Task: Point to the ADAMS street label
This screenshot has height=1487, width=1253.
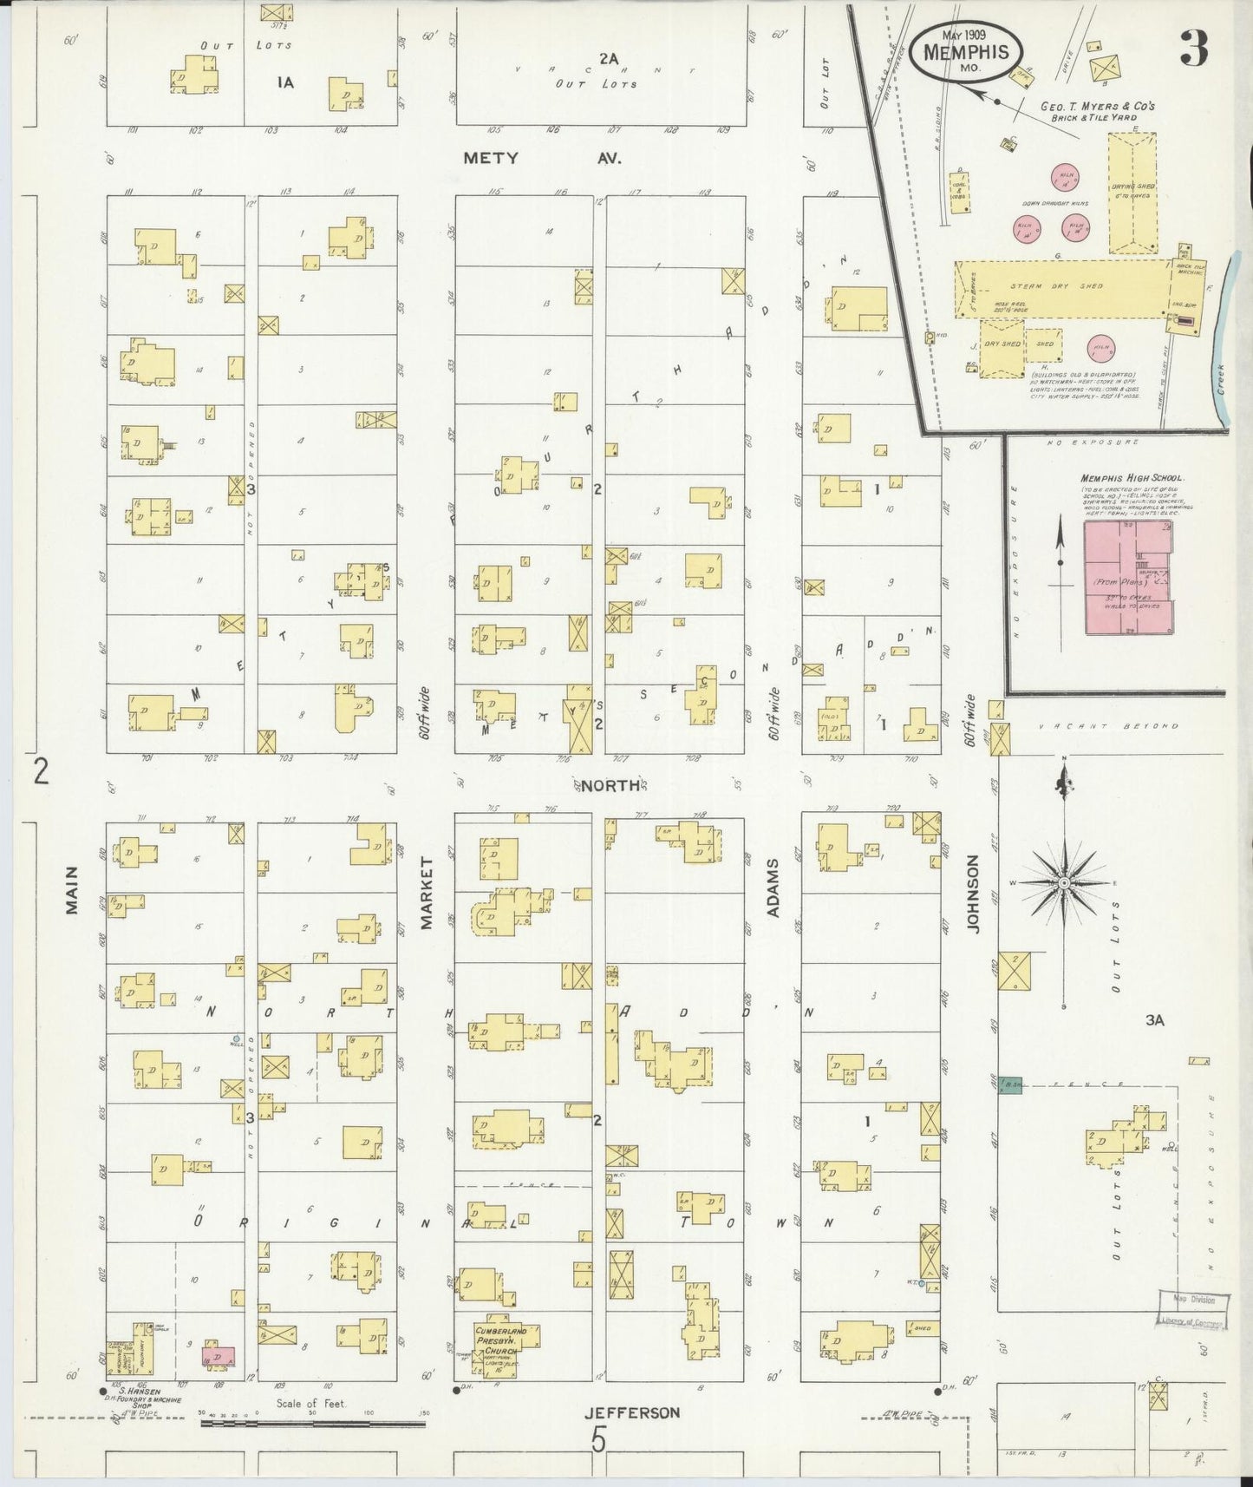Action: pyautogui.click(x=773, y=888)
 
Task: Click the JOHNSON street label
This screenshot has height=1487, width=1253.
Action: pyautogui.click(x=972, y=894)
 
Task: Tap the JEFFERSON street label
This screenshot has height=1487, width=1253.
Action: pyautogui.click(x=630, y=1412)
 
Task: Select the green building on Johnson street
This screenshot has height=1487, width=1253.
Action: pyautogui.click(x=1009, y=1084)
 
